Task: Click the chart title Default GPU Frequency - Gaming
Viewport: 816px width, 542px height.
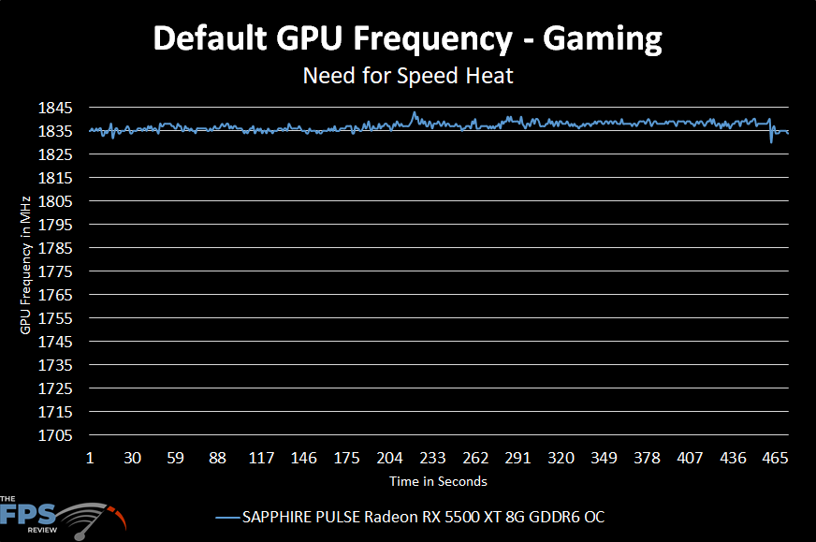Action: tap(407, 39)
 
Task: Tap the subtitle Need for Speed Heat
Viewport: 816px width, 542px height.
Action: tap(407, 76)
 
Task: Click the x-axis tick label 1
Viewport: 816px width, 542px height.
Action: tap(90, 458)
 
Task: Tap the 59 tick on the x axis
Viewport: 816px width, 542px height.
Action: tap(175, 458)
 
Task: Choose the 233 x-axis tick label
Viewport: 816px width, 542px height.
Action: tap(432, 458)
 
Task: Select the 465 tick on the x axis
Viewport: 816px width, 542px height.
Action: tap(775, 458)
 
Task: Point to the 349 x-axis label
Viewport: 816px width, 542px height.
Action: tap(604, 458)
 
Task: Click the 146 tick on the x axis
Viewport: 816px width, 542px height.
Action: tap(304, 458)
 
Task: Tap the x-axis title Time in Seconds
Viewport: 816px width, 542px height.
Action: tap(438, 481)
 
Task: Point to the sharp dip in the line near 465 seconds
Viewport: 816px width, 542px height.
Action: tap(771, 141)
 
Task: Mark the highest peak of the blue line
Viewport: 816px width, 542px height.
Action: tap(414, 112)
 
